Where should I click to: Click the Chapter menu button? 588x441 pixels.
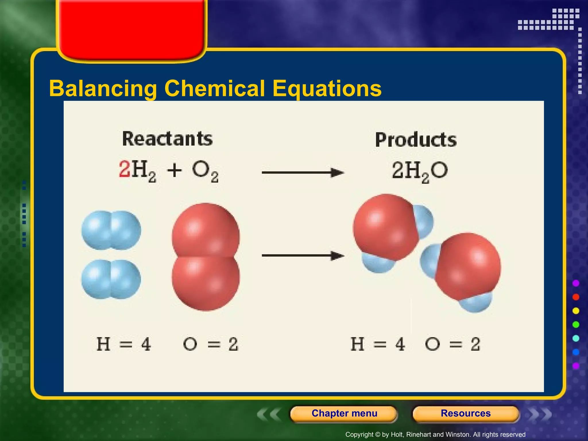click(344, 413)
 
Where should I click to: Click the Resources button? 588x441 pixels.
click(465, 413)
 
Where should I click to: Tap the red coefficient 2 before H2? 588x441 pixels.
click(125, 169)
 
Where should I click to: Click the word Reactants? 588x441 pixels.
click(167, 139)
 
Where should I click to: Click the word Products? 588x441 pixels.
click(416, 140)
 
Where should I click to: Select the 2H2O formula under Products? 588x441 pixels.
click(420, 171)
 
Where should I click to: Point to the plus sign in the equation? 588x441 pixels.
click(174, 171)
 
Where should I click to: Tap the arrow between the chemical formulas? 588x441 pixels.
click(303, 173)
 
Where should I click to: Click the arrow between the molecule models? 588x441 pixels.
click(303, 256)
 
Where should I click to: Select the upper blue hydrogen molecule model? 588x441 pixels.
click(111, 230)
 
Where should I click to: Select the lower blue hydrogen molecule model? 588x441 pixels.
click(111, 279)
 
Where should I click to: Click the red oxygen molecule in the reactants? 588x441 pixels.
click(206, 257)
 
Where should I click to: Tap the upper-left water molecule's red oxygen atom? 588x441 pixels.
click(385, 227)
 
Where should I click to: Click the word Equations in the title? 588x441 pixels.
click(327, 88)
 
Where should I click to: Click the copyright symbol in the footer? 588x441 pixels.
click(378, 435)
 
